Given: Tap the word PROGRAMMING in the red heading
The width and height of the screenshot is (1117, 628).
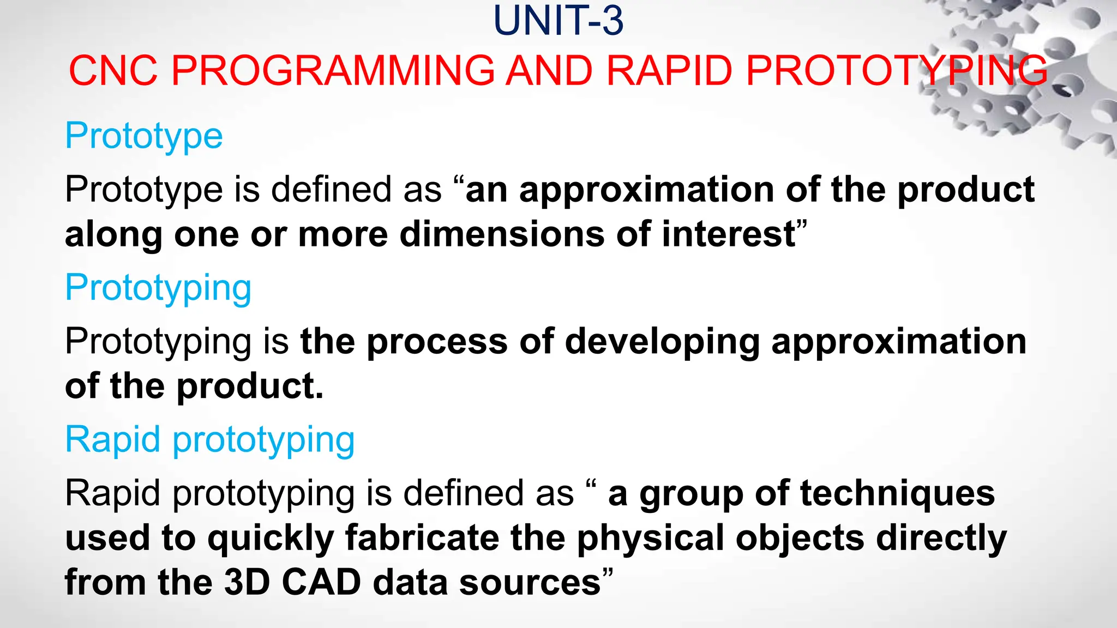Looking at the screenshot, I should tap(333, 71).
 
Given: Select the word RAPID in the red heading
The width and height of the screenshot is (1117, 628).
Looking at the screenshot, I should tap(669, 71).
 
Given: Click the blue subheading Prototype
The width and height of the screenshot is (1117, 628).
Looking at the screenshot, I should tap(143, 136).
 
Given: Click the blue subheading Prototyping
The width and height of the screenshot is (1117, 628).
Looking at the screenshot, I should tap(158, 288).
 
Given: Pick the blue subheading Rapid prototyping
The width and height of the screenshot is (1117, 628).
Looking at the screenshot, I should tap(209, 439).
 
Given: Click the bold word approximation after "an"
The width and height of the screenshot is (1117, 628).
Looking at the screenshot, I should tap(646, 190).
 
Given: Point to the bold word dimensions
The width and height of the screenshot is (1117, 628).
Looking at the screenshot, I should tap(502, 234).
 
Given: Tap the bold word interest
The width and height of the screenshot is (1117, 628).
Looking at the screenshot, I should tap(729, 234).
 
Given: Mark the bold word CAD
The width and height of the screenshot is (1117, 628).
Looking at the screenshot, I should tap(321, 582).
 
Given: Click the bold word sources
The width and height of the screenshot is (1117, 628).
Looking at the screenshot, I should tap(530, 582).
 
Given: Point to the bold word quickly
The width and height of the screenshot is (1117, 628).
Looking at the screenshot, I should tap(271, 539).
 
